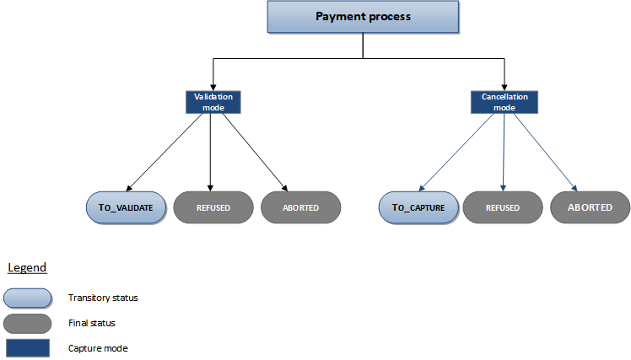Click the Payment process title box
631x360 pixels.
pos(363,16)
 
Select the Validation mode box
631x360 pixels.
pos(209,102)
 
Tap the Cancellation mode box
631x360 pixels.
pos(504,102)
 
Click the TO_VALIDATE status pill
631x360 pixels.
pos(126,207)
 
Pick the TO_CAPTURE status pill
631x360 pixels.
pos(418,207)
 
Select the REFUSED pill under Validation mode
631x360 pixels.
pos(213,207)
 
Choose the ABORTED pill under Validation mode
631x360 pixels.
pos(301,207)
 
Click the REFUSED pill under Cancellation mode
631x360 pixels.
pos(503,207)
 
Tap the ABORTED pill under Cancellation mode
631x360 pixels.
pos(590,207)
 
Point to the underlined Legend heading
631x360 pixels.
pos(27,267)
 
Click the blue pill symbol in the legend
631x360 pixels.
pos(27,297)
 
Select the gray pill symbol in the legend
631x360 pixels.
pos(27,322)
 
